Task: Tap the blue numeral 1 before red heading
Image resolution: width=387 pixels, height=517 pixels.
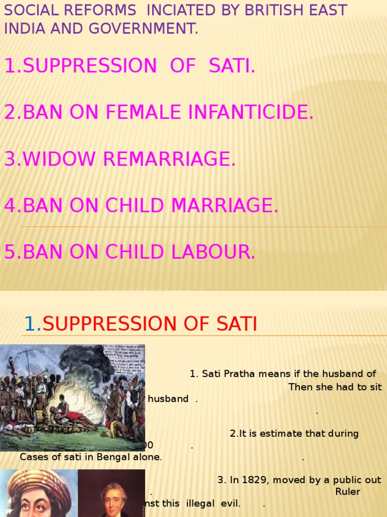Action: (x=30, y=324)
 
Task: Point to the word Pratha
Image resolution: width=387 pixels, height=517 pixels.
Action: (x=244, y=374)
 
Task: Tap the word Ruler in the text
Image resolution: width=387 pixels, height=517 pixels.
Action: (x=348, y=492)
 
